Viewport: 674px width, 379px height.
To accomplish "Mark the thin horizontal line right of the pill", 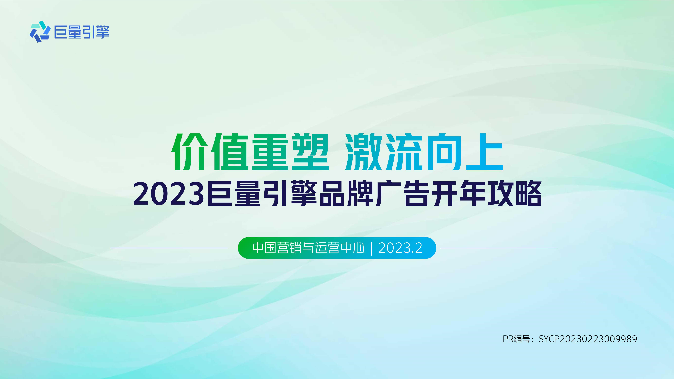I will (x=499, y=248).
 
